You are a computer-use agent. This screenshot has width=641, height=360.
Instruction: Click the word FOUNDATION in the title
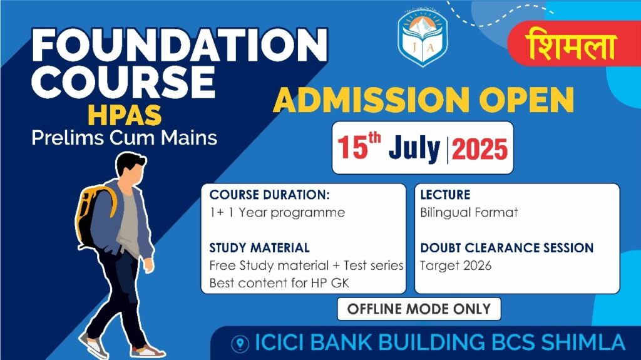(180, 46)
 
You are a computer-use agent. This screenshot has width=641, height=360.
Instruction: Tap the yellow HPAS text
(125, 115)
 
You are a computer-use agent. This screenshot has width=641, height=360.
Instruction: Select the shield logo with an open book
(423, 37)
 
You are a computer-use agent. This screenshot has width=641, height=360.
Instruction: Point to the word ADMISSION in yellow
(371, 100)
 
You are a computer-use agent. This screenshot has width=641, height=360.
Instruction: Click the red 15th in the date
(359, 147)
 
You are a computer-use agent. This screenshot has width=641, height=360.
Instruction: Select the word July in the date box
(414, 149)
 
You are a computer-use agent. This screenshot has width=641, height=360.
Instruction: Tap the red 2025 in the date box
(479, 149)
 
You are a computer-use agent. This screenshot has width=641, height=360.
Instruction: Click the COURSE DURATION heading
(269, 195)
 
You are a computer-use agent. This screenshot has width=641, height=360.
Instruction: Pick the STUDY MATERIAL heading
(259, 248)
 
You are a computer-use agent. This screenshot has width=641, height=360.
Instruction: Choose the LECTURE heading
(445, 195)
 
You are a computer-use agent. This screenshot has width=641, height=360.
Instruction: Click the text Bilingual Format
(469, 213)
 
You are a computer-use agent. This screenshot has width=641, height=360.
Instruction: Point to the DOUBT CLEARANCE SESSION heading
(507, 248)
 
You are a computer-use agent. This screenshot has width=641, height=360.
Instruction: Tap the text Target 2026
(456, 266)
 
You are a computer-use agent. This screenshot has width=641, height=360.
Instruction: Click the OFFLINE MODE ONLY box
(419, 309)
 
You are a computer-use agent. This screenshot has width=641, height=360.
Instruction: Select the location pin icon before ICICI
(240, 344)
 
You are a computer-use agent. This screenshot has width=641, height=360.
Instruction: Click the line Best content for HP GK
(279, 283)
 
